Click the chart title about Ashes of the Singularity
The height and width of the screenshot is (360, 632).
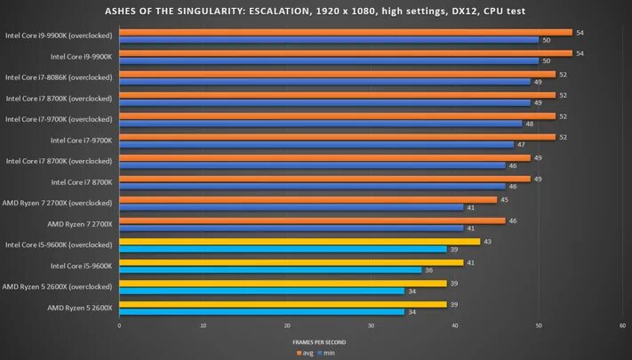[x=316, y=11]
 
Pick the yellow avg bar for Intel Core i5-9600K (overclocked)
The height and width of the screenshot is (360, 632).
[x=299, y=241]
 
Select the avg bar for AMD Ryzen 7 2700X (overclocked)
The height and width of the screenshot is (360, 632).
[x=307, y=199]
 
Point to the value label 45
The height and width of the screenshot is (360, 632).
[x=503, y=199]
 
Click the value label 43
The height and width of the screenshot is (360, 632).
[x=486, y=241]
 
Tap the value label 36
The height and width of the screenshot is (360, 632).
[x=428, y=270]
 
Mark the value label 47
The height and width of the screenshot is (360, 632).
[x=520, y=144]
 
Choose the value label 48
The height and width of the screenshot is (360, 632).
[x=529, y=123]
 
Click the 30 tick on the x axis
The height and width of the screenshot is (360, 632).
[x=371, y=326]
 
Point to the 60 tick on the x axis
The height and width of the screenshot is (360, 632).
[x=621, y=326]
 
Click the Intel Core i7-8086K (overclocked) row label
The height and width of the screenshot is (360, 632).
[x=59, y=77]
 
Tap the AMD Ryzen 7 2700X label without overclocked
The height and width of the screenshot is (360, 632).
[x=80, y=224]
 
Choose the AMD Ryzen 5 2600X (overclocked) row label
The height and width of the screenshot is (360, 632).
[x=58, y=286]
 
